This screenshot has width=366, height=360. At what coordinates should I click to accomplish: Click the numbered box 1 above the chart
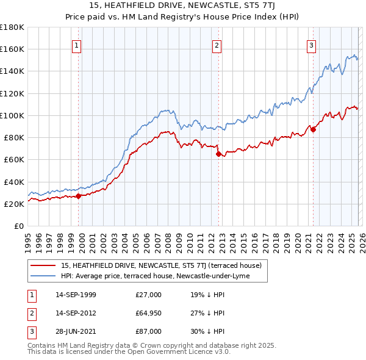(x=77, y=45)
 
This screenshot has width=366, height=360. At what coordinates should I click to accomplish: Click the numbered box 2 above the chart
(x=217, y=45)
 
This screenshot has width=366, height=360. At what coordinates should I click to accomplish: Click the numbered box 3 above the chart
(x=311, y=45)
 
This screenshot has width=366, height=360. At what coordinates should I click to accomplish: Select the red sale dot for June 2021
(x=313, y=129)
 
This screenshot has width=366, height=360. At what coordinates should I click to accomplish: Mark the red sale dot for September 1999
(x=79, y=196)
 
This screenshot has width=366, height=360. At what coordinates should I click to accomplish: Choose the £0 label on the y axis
(x=18, y=226)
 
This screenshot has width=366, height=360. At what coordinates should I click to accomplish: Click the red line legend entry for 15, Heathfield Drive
(x=161, y=265)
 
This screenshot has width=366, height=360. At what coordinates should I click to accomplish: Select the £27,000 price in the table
(x=149, y=295)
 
